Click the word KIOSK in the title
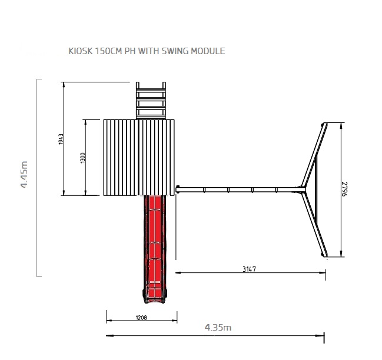click(81, 51)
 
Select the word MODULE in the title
click(208, 51)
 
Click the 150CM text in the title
click(108, 51)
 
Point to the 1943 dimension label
click(61, 139)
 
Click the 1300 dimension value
click(82, 158)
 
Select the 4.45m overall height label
click(24, 174)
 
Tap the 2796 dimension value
click(345, 189)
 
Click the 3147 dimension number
click(249, 269)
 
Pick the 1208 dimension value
click(141, 318)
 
